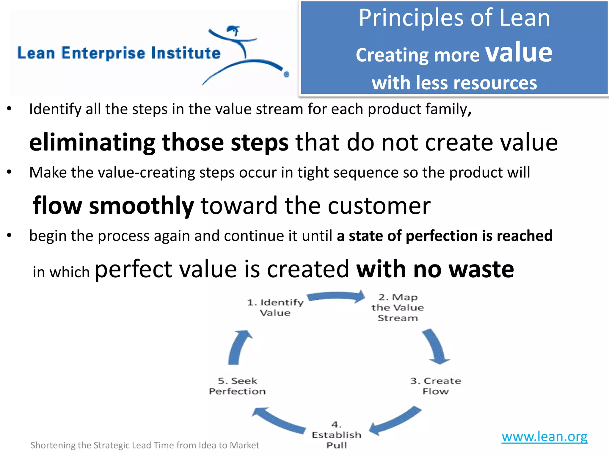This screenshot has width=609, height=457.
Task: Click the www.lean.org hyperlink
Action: pyautogui.click(x=544, y=436)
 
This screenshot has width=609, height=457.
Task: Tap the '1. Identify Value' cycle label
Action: pyautogui.click(x=275, y=308)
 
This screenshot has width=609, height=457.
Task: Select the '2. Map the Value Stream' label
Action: pyautogui.click(x=398, y=308)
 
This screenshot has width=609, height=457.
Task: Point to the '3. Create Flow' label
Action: pyautogui.click(x=436, y=386)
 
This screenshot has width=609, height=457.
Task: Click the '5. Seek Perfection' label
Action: pyautogui.click(x=237, y=386)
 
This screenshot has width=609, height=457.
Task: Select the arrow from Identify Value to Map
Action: pyautogui.click(x=336, y=297)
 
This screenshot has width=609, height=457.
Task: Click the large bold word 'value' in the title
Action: pyautogui.click(x=519, y=53)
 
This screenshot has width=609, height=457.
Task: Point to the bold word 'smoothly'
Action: pyautogui.click(x=141, y=206)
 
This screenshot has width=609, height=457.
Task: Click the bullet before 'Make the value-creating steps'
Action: pyautogui.click(x=9, y=172)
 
